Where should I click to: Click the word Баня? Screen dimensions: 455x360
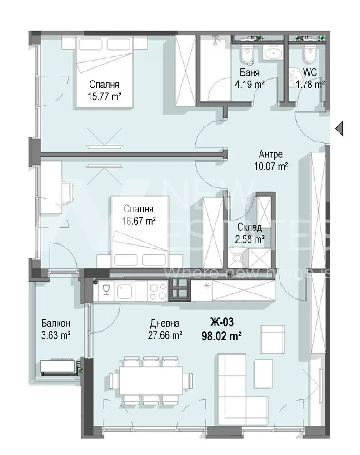click(250, 73)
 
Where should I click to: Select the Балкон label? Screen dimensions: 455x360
click(55, 324)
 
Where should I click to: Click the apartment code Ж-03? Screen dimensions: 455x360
click(222, 323)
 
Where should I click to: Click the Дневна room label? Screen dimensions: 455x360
click(165, 324)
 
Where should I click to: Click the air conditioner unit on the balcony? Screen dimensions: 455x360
click(60, 367)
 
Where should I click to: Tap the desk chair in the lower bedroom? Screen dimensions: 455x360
click(67, 191)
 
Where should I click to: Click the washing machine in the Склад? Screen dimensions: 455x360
click(237, 258)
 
